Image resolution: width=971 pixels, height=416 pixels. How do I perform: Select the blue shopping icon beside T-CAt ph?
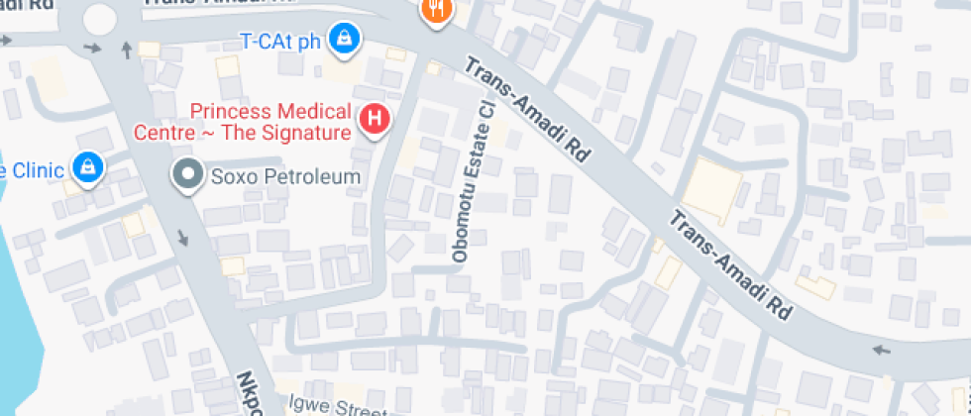click(344, 41)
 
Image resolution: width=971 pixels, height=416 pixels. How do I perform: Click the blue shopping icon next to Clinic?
click(89, 168)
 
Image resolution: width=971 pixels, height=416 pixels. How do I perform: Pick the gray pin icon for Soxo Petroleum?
click(186, 176)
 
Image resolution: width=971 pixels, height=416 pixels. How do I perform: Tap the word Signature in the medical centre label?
click(308, 132)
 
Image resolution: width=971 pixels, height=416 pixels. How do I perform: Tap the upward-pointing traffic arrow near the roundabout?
click(126, 49)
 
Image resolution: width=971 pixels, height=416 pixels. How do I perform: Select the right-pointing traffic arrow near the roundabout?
click(93, 47)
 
